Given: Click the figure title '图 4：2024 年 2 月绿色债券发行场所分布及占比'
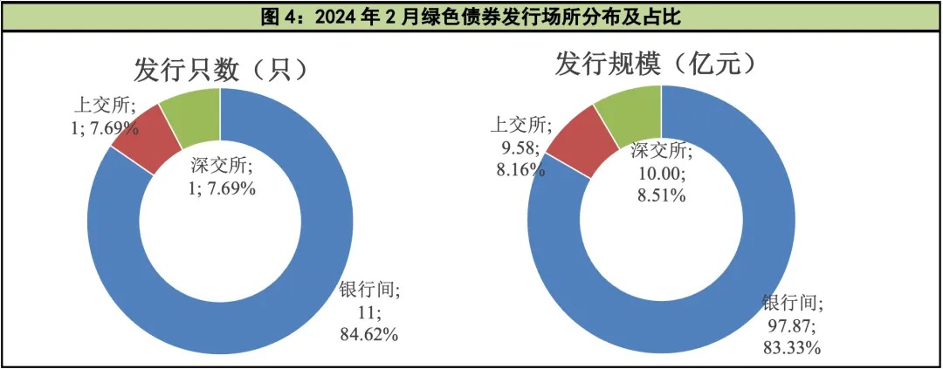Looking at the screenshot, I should [471, 16].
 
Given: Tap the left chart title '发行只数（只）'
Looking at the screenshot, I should [222, 67].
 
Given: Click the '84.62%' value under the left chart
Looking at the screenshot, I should [368, 334].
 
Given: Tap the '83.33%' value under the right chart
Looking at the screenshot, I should [792, 348].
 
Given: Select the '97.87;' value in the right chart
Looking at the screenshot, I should [790, 325].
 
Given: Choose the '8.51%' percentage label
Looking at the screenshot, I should [659, 196].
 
